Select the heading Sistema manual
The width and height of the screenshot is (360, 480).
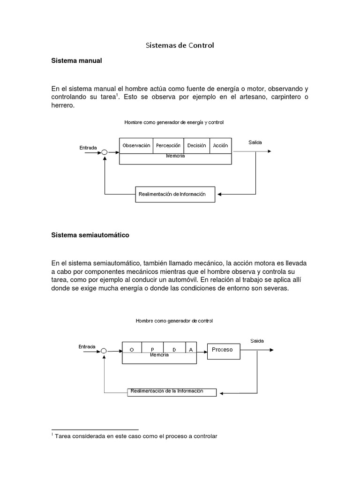(76, 61)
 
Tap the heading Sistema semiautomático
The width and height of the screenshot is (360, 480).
(90, 235)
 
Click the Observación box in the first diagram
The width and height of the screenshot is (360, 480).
(136, 146)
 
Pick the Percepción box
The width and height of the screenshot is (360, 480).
(168, 146)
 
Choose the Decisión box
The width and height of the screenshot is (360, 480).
(196, 146)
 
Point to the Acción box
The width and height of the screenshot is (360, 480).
(220, 146)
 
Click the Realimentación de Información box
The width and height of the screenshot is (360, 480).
(175, 194)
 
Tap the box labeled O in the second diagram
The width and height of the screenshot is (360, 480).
(132, 349)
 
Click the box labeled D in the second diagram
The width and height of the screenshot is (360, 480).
(174, 349)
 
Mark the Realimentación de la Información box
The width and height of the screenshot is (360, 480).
(172, 391)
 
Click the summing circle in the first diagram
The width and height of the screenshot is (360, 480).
(105, 152)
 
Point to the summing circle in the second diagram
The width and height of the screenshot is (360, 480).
(104, 350)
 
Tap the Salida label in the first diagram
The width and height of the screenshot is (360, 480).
(255, 142)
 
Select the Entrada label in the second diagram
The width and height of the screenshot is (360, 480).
(87, 346)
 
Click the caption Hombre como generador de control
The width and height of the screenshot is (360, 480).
(174, 321)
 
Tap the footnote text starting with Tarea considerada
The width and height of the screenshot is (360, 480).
(136, 436)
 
